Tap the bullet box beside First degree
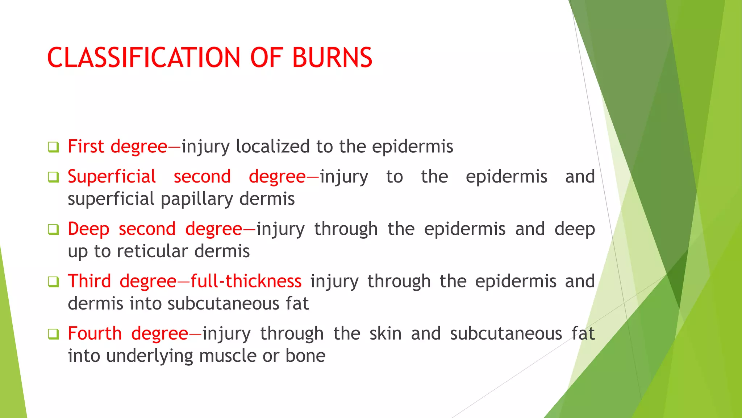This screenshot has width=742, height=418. coord(53,147)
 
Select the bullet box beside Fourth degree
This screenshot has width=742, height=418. coord(53,334)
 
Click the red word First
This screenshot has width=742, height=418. coord(86,147)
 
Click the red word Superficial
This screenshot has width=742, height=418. coord(112,177)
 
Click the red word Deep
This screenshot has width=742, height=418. coord(88,229)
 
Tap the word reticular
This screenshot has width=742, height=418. coord(152,251)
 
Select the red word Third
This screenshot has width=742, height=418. coord(89,281)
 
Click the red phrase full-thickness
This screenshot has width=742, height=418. coord(246,281)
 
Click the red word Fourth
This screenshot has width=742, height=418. coord(95,333)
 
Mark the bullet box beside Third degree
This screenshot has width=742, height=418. coord(53,282)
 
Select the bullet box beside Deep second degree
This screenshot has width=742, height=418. coord(53,230)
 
